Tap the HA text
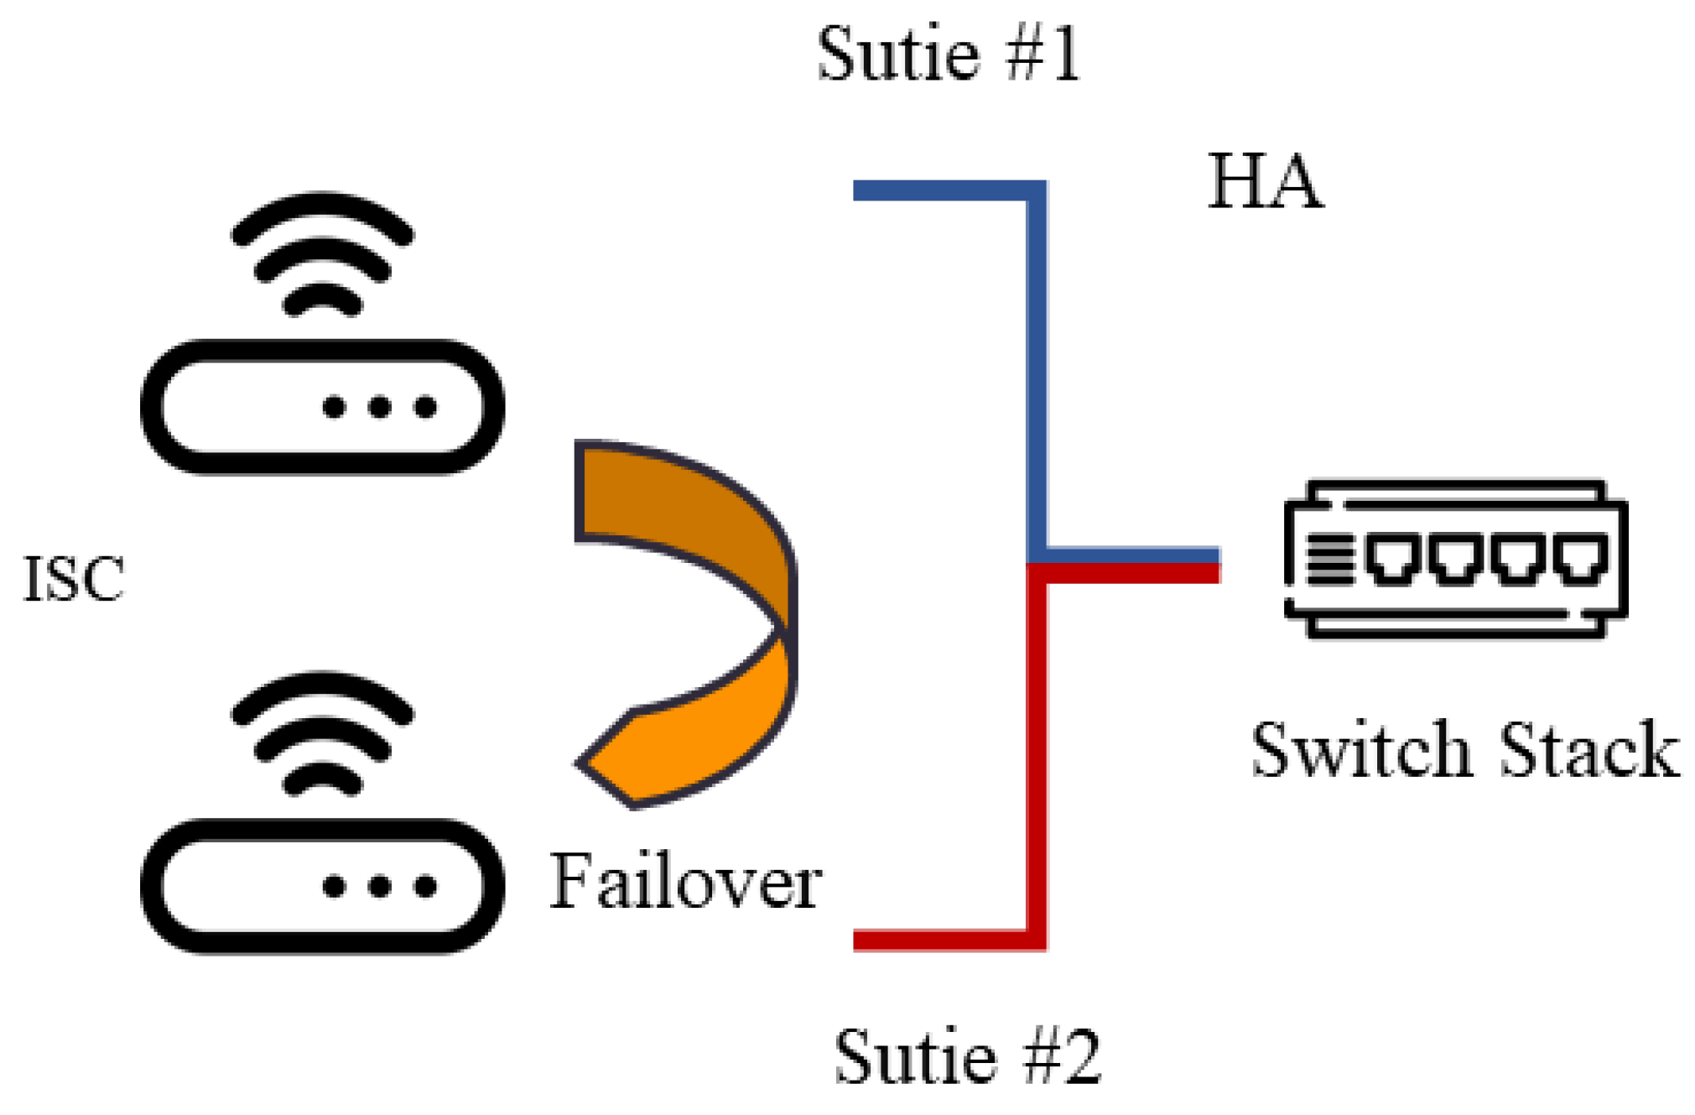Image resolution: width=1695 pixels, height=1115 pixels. point(1265,181)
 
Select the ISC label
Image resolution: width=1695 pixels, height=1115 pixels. point(74,579)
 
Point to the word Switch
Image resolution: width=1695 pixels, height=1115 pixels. point(1360,749)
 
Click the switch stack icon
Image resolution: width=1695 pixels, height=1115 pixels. point(1455,559)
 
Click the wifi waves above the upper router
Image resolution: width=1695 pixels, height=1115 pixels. point(322,252)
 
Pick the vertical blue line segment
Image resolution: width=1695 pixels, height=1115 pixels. point(1037,369)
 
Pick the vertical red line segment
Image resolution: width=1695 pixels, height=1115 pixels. point(1037,755)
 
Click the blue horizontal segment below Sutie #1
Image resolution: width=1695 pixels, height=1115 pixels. point(939,190)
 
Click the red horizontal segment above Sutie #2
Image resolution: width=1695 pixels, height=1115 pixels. point(939,940)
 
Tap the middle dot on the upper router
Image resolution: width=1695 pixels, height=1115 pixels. point(379,408)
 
